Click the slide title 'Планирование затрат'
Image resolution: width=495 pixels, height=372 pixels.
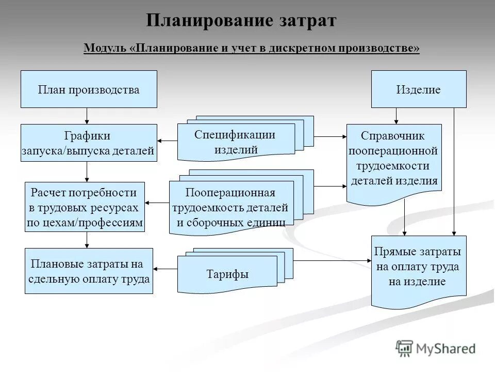pos(241,21)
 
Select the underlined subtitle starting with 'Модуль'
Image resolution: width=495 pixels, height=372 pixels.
pos(252,48)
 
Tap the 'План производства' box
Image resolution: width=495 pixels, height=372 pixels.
pos(89,89)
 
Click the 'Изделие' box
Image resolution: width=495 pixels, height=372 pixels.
pos(419,89)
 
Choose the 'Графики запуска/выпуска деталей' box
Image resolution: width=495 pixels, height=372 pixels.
pos(89,143)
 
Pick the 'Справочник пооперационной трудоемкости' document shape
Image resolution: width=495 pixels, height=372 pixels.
pos(394,160)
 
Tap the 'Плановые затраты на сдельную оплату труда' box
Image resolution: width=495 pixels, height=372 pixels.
pos(89,271)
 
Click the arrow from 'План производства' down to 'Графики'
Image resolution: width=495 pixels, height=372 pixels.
pos(87,116)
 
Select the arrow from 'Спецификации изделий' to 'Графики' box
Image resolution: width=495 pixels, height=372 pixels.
pos(167,141)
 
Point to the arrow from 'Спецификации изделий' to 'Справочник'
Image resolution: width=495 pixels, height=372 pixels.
pos(330,137)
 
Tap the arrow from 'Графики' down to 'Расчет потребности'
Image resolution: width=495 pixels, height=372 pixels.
pos(87,172)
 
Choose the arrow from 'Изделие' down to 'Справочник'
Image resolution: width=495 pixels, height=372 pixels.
pos(396,116)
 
